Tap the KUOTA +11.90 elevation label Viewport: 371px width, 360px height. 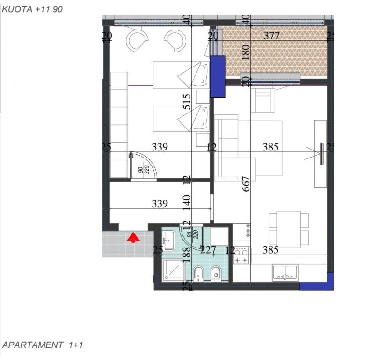coord(32,8)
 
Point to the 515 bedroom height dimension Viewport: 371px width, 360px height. coord(187,102)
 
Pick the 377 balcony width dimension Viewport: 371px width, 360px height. coord(271,36)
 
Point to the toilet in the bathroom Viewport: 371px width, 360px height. coord(198,272)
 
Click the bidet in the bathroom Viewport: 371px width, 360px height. coord(216,272)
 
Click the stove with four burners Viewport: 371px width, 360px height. coord(241,255)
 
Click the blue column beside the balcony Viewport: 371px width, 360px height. coord(218,76)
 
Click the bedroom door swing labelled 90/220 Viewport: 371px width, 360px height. coord(142,166)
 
